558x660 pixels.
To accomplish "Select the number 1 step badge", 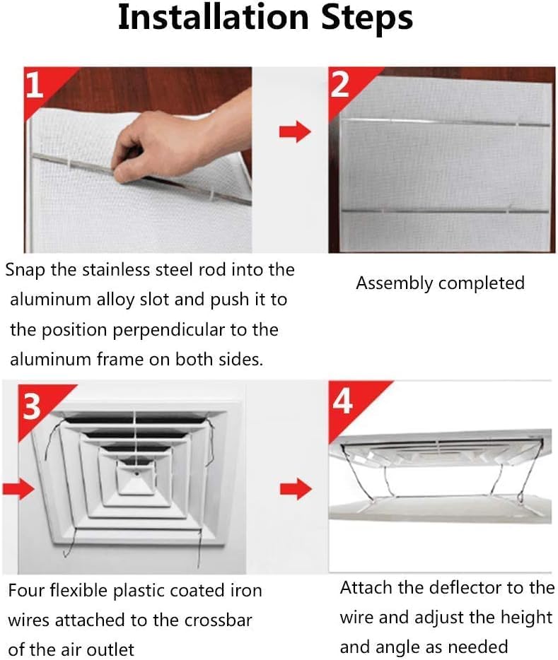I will coord(34,86).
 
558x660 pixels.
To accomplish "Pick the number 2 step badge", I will coord(340,85).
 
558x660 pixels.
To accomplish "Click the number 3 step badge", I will coord(32,407).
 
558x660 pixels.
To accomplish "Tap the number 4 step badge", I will coord(342,402).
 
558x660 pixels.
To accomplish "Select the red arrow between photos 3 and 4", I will coord(295,488).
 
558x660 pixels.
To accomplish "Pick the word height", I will coord(525,617).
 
